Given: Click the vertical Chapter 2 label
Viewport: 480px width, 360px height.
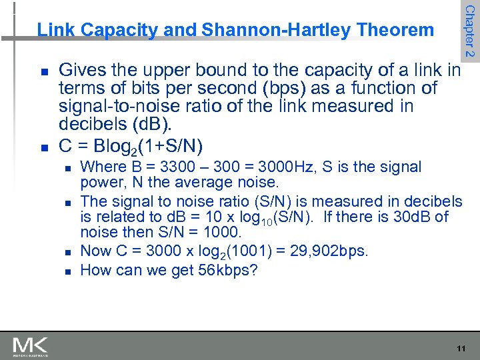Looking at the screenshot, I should pyautogui.click(x=469, y=31).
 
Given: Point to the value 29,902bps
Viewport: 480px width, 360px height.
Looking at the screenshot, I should pyautogui.click(x=334, y=251).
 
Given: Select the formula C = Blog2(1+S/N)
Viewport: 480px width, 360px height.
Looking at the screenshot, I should pyautogui.click(x=131, y=145).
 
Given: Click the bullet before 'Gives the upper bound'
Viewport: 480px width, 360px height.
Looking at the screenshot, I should pyautogui.click(x=44, y=70).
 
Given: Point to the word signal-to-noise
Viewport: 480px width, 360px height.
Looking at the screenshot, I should pyautogui.click(x=111, y=106).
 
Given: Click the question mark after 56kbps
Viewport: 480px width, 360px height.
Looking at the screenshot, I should pyautogui.click(x=254, y=270).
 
